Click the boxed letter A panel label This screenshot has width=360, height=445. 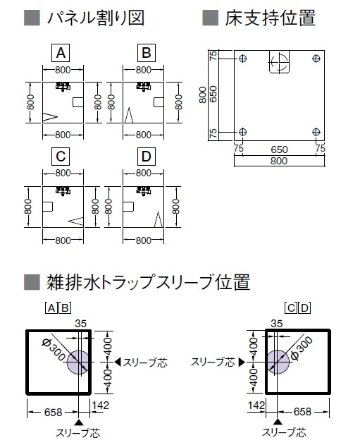(x=61, y=53)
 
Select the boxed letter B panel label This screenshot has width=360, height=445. (x=147, y=53)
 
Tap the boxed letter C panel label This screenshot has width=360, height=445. (x=61, y=157)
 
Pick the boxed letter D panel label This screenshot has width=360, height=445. (x=147, y=157)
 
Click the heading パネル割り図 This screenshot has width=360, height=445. (x=96, y=18)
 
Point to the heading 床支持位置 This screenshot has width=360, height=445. (x=270, y=18)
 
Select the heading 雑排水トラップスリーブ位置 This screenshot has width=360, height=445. (x=148, y=282)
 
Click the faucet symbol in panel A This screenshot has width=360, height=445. (x=63, y=86)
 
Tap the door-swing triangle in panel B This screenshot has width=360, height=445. (x=128, y=115)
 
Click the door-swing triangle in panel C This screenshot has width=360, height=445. (x=76, y=221)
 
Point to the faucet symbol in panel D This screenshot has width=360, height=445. (x=144, y=190)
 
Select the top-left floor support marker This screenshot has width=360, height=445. (x=242, y=59)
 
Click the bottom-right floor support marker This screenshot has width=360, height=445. (x=316, y=132)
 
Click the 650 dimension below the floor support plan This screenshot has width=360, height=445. (x=279, y=150)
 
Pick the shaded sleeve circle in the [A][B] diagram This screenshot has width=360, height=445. (x=77, y=362)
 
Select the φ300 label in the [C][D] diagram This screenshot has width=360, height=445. (x=302, y=348)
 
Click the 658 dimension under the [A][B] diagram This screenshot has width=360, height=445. (x=53, y=412)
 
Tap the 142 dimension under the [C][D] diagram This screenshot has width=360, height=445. (x=256, y=406)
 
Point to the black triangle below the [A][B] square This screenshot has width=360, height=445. (x=80, y=422)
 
